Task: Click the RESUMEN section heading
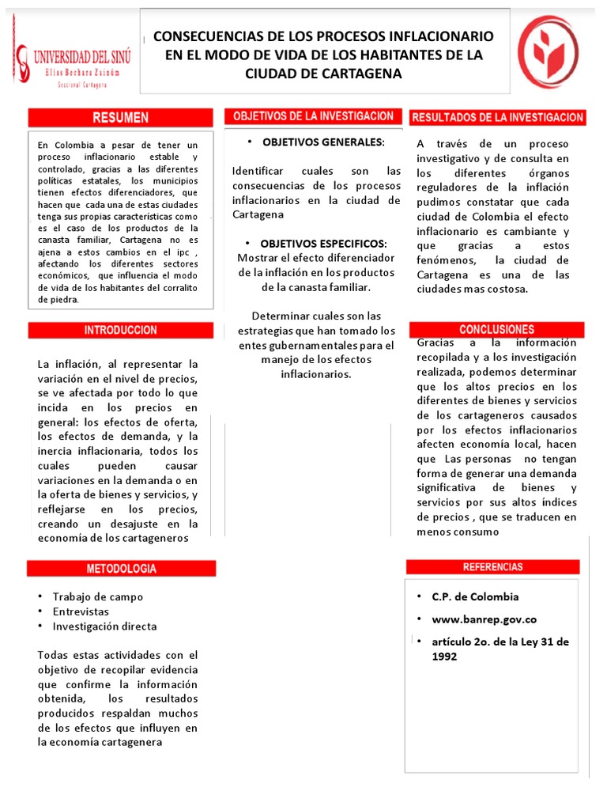click(121, 118)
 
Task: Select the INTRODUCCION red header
click(121, 330)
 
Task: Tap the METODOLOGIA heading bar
click(121, 568)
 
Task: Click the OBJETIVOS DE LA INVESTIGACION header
click(313, 116)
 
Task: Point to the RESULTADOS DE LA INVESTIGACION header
click(498, 117)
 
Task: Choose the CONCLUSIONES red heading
click(496, 329)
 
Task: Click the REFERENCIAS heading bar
click(492, 567)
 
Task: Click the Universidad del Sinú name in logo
click(82, 56)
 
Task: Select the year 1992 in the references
click(445, 657)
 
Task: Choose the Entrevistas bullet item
click(81, 611)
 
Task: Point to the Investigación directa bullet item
click(104, 626)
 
